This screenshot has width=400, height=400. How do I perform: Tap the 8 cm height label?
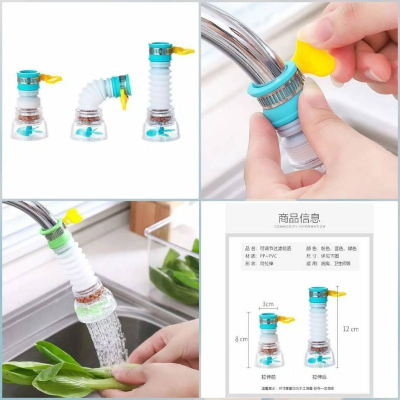click(x=241, y=339)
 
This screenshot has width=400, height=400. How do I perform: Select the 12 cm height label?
click(x=350, y=329)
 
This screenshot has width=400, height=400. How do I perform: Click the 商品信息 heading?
click(x=299, y=218)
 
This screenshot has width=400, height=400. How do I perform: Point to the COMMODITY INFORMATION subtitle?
click(x=299, y=226)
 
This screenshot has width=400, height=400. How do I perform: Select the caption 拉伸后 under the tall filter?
click(x=320, y=375)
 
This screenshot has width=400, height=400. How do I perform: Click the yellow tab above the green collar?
click(x=73, y=216)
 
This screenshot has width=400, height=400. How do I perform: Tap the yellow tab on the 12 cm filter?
click(x=336, y=293)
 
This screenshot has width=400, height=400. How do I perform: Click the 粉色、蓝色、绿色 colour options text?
click(x=338, y=248)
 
